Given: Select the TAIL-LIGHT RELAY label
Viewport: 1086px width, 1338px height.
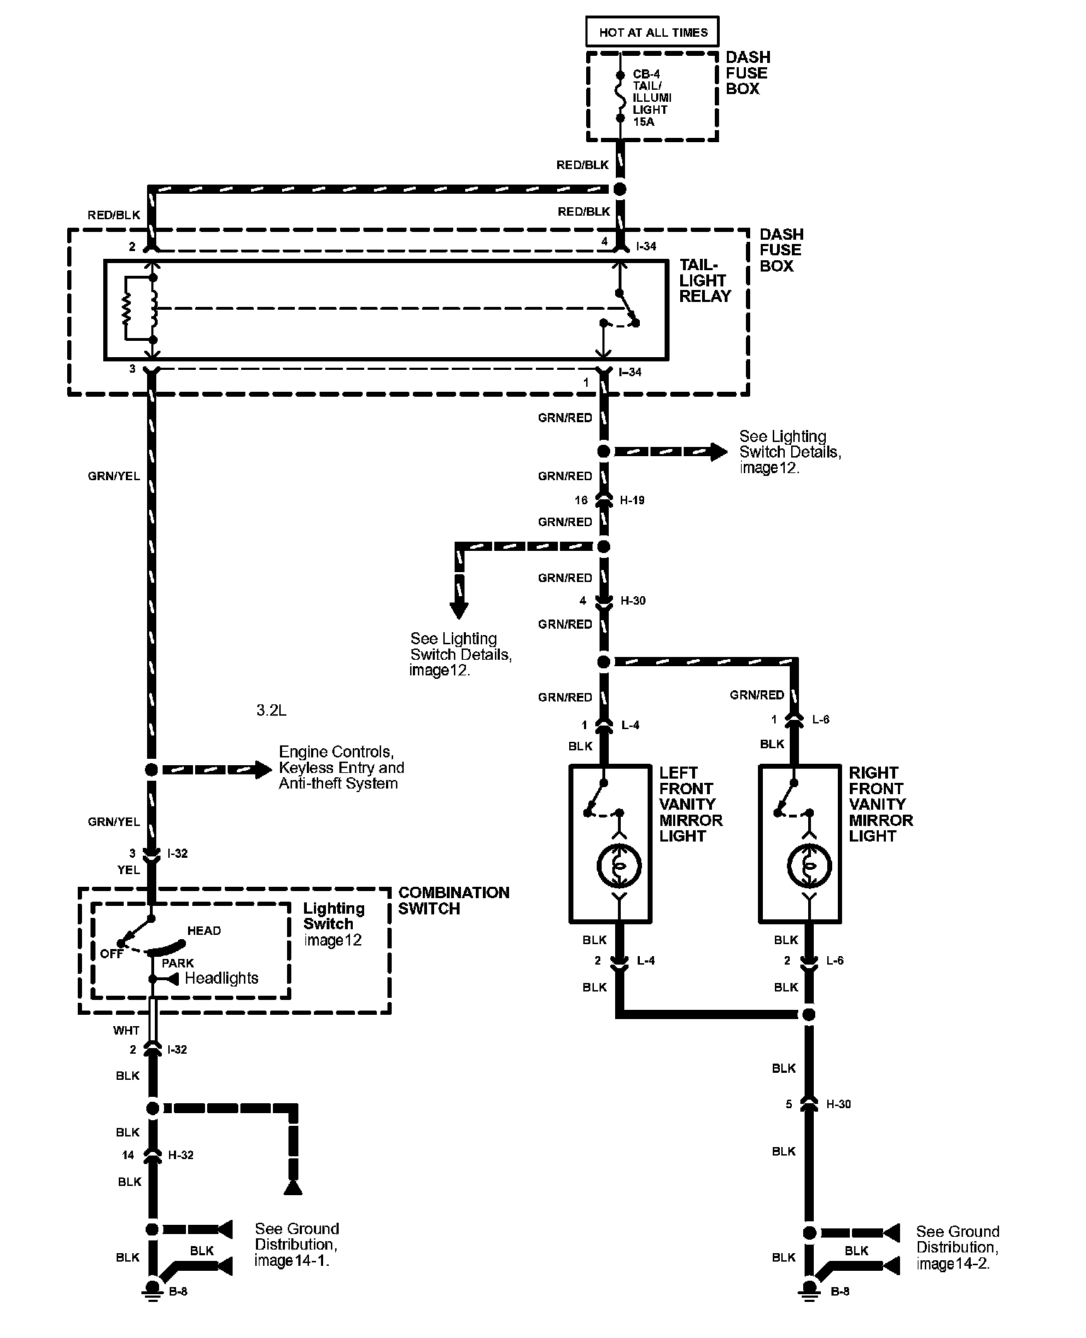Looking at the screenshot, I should tap(705, 281).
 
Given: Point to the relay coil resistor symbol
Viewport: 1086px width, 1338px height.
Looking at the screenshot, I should tap(127, 308).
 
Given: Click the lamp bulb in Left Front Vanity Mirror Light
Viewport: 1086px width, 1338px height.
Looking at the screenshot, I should tap(619, 865).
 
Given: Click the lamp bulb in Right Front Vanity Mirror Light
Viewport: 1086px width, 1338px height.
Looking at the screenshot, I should tap(809, 865).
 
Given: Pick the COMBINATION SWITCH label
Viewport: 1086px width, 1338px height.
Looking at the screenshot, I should tap(453, 900).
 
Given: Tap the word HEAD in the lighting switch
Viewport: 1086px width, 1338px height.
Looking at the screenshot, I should tap(204, 931).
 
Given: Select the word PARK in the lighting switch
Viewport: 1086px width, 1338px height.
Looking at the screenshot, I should tap(177, 963).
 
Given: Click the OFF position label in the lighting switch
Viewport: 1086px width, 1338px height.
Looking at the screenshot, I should tap(112, 953).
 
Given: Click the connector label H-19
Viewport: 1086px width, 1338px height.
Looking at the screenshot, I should tap(632, 500).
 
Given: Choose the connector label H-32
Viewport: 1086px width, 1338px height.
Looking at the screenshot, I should tap(180, 1155).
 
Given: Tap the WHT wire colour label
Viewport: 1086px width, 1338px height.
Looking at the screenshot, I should tap(126, 1030).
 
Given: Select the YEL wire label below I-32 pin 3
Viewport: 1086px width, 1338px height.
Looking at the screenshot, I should tap(128, 870).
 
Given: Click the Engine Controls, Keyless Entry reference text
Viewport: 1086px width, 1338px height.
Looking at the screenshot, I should tap(341, 767).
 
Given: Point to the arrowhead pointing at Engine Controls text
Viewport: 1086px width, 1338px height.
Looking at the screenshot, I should tap(263, 769).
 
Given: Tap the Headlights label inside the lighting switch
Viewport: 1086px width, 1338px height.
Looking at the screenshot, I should tap(221, 978).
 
